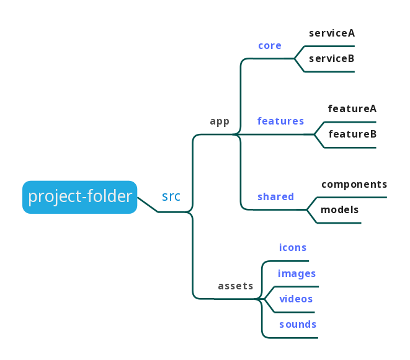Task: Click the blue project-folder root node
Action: pyautogui.click(x=80, y=197)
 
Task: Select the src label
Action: pyautogui.click(x=171, y=196)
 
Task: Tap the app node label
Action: pyautogui.click(x=220, y=121)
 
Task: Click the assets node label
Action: pyautogui.click(x=236, y=286)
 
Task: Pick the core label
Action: pyautogui.click(x=270, y=46)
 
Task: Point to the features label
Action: pyautogui.click(x=280, y=121)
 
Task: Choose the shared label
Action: pyautogui.click(x=275, y=197)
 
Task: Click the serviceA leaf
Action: pyautogui.click(x=332, y=33)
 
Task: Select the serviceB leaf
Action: pyautogui.click(x=332, y=59)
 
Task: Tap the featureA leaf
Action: pyautogui.click(x=352, y=109)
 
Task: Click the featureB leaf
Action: pyautogui.click(x=352, y=134)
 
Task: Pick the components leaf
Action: pyautogui.click(x=354, y=185)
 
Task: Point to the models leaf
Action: pyautogui.click(x=340, y=210)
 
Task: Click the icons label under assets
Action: pyautogui.click(x=293, y=248)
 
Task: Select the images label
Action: pyautogui.click(x=297, y=274)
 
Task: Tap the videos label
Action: pyautogui.click(x=296, y=299)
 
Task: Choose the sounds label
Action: pyautogui.click(x=298, y=325)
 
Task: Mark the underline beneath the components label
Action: pyautogui.click(x=354, y=198)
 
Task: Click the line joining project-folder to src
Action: pyautogui.click(x=147, y=204)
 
